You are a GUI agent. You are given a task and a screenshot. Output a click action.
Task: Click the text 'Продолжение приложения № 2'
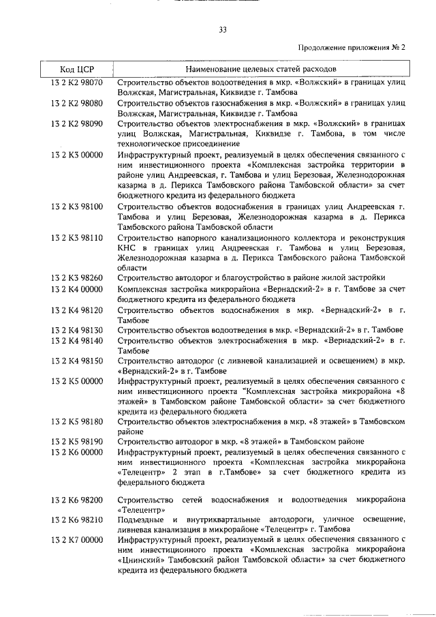pos(352,48)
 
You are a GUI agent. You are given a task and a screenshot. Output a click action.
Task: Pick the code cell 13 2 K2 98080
pos(76,103)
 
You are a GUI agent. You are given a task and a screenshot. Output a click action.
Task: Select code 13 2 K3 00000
pos(76,154)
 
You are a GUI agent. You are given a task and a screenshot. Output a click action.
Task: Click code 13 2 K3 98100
pos(76,205)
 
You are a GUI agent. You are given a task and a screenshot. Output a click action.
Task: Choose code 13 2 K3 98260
pos(76,277)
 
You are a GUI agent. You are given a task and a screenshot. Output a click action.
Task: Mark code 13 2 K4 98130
pos(76,329)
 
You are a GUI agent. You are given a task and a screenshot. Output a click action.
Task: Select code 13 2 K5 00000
pos(76,380)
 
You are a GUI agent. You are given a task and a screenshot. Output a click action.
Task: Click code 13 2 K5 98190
pos(76,441)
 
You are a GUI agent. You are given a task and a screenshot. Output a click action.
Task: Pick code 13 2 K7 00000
pos(76,540)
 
